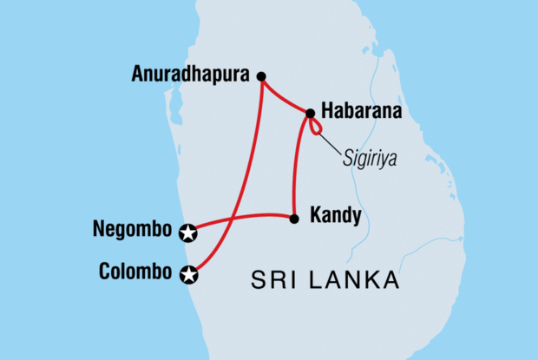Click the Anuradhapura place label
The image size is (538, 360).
pos(192,75)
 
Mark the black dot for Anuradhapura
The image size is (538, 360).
pos(261,75)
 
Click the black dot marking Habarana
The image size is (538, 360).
pos(310,112)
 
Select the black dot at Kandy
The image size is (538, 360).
pos(294,218)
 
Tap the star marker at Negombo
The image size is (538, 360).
pos(188,232)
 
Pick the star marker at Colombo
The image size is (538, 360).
pos(188,275)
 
